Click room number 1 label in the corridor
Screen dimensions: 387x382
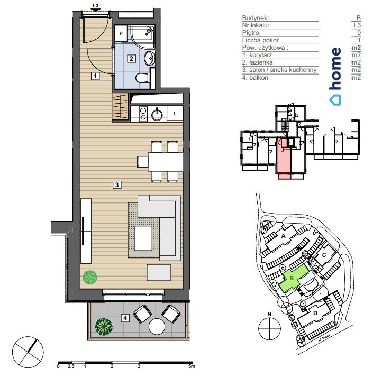(x=95, y=76)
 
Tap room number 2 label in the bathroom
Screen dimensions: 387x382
(x=131, y=58)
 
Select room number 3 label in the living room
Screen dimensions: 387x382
(x=117, y=185)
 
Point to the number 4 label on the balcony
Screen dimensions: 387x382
(x=125, y=318)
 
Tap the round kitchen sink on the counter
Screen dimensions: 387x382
(x=157, y=113)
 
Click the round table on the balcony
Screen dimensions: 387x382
(x=158, y=326)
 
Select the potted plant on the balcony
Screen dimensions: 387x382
(x=104, y=325)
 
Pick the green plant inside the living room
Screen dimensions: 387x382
(x=89, y=277)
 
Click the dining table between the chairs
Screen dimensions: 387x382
(x=165, y=161)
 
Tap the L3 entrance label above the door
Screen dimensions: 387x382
(x=95, y=7)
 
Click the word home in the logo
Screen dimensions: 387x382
(x=335, y=69)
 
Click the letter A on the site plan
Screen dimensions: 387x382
(x=283, y=236)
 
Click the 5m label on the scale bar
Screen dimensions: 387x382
(x=192, y=366)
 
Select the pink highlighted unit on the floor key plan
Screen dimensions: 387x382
(x=284, y=159)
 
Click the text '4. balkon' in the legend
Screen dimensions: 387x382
(x=255, y=78)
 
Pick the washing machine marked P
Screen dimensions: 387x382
(x=121, y=34)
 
